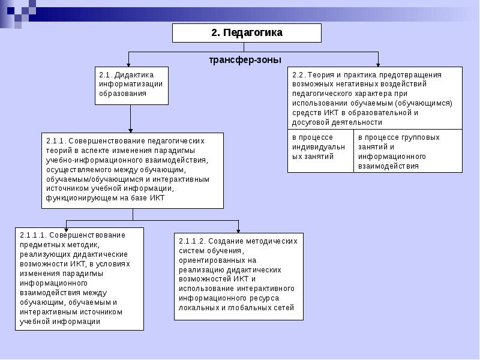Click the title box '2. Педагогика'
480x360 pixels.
pos(247,33)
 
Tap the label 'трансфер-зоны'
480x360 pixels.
pos(245,59)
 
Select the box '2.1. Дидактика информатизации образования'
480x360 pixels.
pos(131,85)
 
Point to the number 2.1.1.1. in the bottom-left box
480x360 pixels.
pos(32,235)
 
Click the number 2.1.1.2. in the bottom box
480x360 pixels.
pos(192,241)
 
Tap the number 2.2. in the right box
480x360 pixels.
pos(298,75)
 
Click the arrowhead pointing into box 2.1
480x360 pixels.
pos(130,63)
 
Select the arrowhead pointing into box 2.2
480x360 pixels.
pos(378,63)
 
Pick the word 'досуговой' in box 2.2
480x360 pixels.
pos(308,122)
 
